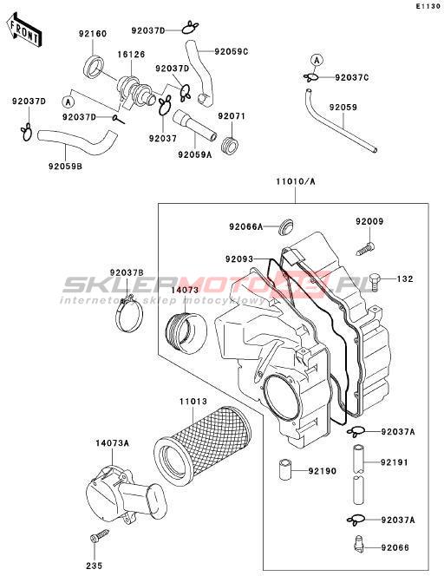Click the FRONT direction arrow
point(24,31)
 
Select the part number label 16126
point(131,55)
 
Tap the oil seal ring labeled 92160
point(95,67)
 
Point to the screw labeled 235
point(99,535)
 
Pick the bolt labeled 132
point(375,281)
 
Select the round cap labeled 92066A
point(285,227)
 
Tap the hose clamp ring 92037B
point(129,315)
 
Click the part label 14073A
point(113,443)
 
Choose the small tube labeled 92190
point(285,469)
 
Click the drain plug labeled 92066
point(358,542)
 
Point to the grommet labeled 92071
point(231,145)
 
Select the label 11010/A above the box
point(296,181)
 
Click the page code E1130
point(428,7)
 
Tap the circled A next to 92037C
point(317,60)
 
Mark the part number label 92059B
point(65,167)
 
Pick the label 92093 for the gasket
point(239,259)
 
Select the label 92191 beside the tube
point(395,462)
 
